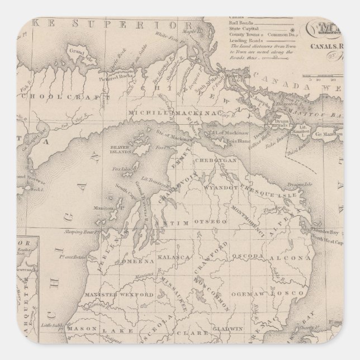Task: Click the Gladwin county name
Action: tap(219, 330)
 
